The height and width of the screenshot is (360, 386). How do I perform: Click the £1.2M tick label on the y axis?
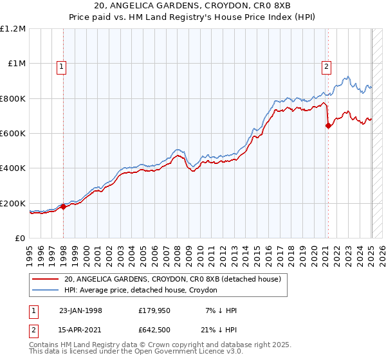click(13, 29)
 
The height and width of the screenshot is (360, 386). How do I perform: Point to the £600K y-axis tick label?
click(13, 134)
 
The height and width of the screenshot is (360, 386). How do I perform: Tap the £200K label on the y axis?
click(13, 203)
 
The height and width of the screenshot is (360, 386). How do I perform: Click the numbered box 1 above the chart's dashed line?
click(62, 66)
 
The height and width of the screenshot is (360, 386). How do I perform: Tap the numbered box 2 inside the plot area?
click(327, 66)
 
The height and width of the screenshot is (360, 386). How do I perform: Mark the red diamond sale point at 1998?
click(64, 207)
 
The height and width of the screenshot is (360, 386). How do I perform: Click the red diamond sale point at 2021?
click(328, 126)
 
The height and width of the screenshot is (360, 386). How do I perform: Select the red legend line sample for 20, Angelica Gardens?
click(44, 280)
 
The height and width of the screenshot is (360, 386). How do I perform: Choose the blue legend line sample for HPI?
click(44, 291)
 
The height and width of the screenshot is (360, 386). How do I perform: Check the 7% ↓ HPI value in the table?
click(219, 310)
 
